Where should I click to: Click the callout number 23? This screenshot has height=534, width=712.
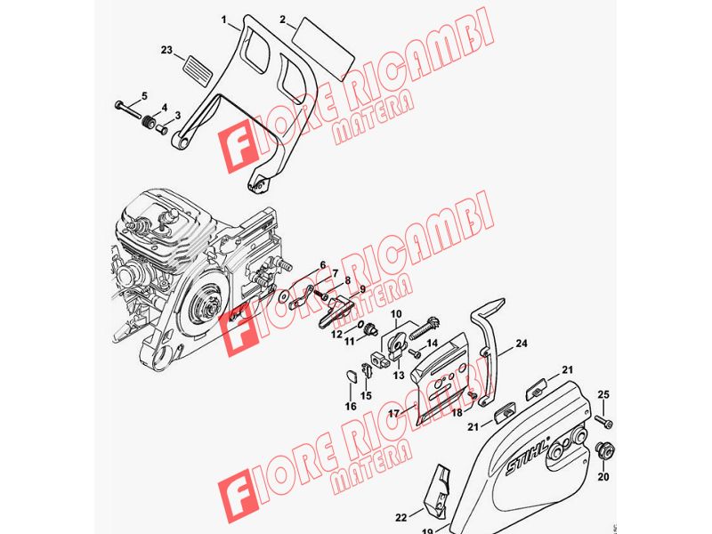point(166,50)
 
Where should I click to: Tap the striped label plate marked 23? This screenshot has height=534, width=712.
point(198,69)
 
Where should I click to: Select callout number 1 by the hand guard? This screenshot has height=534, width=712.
point(224,20)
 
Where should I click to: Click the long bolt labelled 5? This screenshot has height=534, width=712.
point(127,109)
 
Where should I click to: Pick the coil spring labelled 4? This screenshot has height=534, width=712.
point(148,122)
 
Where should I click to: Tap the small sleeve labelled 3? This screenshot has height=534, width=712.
point(162,129)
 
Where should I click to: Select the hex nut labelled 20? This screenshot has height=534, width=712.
point(604,449)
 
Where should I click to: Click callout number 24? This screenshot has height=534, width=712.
point(522,344)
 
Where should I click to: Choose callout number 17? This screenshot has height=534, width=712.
point(393,414)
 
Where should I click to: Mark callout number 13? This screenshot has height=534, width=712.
point(399,376)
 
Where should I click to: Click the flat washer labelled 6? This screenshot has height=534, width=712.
point(283,297)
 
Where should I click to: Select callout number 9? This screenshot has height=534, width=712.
point(362,288)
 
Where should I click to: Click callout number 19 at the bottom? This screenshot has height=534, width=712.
point(428,530)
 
